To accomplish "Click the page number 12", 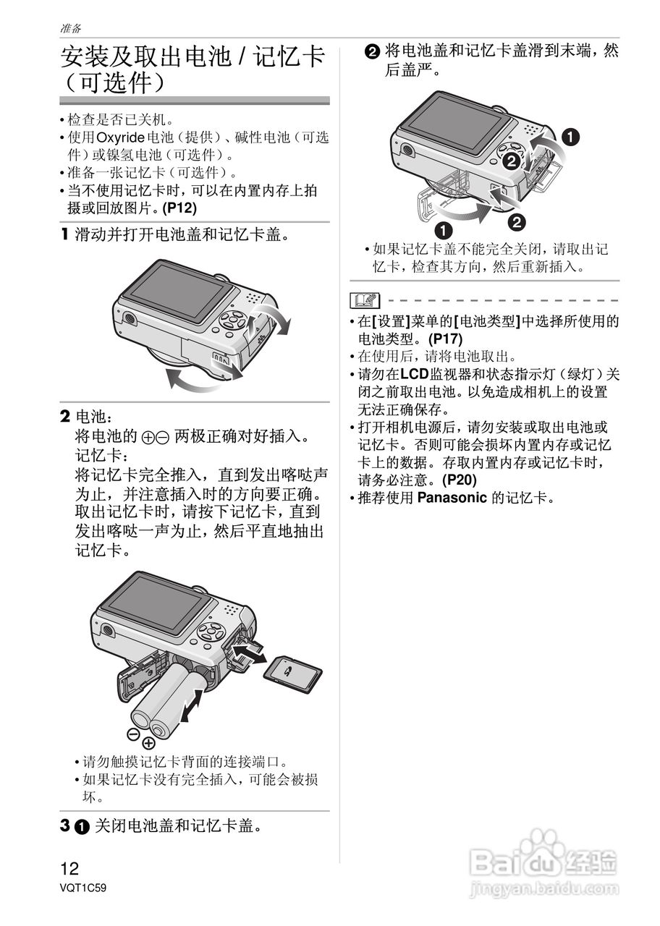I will pyautogui.click(x=69, y=869).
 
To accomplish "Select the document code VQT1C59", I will pyautogui.click(x=83, y=888).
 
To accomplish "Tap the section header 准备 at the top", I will pyautogui.click(x=71, y=28).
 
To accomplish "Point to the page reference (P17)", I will pyautogui.click(x=445, y=338).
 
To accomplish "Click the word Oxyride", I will pyautogui.click(x=121, y=137).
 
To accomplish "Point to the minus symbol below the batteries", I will pyautogui.click(x=133, y=734).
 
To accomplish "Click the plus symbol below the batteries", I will pyautogui.click(x=149, y=743).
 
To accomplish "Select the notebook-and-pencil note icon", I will pyautogui.click(x=365, y=299).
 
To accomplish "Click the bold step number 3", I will pyautogui.click(x=65, y=825).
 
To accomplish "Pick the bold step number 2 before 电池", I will pyautogui.click(x=65, y=417).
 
